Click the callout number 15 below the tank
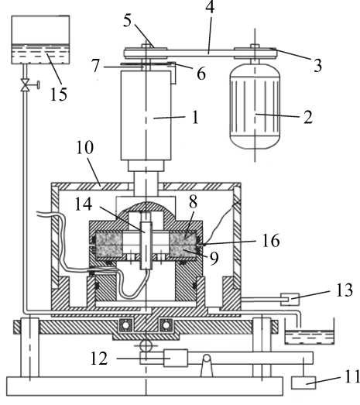click(59, 94)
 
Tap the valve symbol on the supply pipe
click(26, 85)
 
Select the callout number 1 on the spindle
click(195, 117)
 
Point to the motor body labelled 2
click(255, 105)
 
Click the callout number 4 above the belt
click(210, 7)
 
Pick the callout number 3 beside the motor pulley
click(317, 65)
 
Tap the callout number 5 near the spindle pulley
click(127, 20)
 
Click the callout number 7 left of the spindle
click(95, 65)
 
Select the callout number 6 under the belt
click(201, 74)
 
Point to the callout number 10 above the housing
click(85, 147)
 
